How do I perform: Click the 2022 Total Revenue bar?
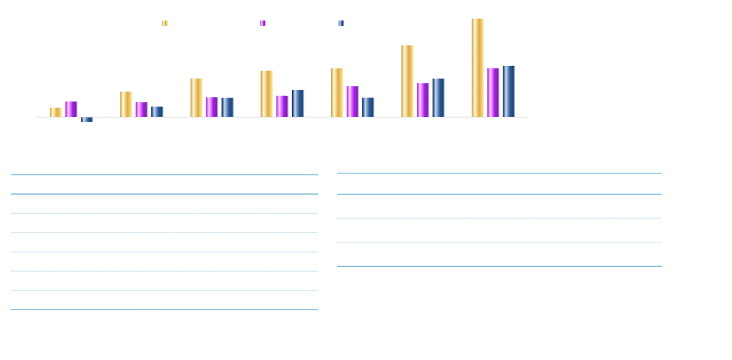point(477,67)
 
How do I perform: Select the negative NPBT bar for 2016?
point(87,119)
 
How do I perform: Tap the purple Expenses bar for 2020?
point(352,101)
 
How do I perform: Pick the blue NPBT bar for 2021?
point(438,98)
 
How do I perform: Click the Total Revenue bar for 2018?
point(196,98)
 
